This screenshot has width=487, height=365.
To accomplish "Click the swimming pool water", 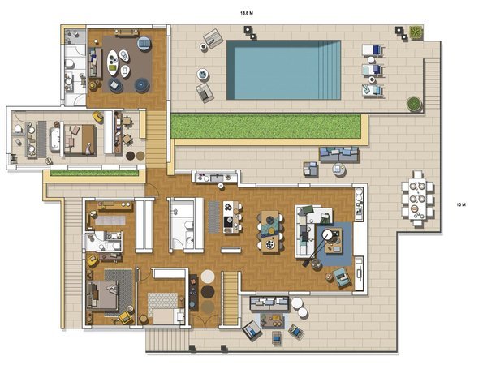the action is pos(283,70).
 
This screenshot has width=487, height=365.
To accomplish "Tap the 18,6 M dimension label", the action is pos(247,13).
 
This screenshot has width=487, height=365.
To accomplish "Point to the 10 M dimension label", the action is pos(461,204).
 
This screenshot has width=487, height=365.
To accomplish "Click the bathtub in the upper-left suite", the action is pos(54,140).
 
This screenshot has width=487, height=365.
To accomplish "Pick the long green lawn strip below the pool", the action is pos(266,127).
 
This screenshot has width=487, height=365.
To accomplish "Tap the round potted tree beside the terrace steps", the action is pos(414,104).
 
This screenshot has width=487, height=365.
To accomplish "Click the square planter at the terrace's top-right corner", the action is pos(416,32).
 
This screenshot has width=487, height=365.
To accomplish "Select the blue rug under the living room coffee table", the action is pos(334,244).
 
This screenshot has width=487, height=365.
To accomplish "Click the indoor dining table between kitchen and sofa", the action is pos(270,231).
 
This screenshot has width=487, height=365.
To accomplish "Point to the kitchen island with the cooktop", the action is pos(231,217).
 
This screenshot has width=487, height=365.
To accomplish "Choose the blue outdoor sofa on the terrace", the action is pos(338,154).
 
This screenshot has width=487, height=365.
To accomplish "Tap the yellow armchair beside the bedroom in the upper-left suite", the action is pos(98,117).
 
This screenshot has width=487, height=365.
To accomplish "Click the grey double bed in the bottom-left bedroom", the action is pos(102,295).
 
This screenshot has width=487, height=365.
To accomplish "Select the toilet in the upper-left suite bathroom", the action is pos(19,129).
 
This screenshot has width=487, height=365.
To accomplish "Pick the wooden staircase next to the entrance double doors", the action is pos(231,298).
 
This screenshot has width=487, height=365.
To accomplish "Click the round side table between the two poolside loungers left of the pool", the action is pos(202,74).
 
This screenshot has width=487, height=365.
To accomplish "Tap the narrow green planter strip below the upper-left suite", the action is pos(94,174).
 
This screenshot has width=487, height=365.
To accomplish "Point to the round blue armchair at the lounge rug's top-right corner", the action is pos(144,43).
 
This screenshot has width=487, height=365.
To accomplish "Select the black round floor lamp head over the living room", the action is pos(327,234).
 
